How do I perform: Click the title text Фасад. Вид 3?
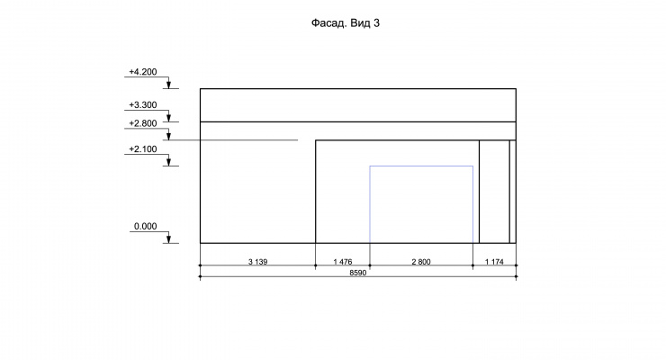point(346,23)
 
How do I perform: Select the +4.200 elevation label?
point(143,72)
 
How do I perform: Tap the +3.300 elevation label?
point(143,105)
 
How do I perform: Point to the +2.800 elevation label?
point(143,123)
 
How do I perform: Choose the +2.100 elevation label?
point(143,149)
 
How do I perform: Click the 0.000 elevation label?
point(145,226)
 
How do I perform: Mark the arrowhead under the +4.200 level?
point(168,85)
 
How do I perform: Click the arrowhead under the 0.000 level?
point(168,238)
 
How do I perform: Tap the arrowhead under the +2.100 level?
point(168,161)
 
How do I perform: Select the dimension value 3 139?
point(257,262)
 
